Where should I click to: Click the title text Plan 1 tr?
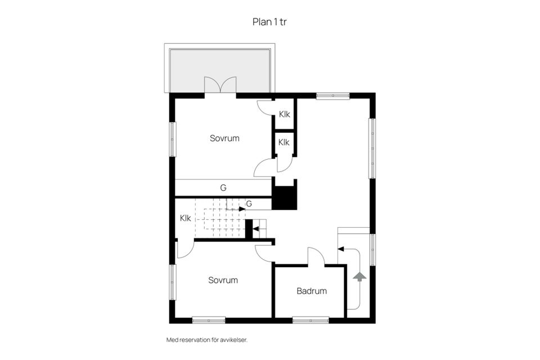pyautogui.click(x=270, y=22)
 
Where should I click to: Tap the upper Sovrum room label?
pyautogui.click(x=224, y=138)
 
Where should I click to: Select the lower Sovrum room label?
pyautogui.click(x=223, y=280)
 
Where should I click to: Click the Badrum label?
pyautogui.click(x=312, y=291)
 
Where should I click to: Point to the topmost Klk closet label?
pyautogui.click(x=284, y=114)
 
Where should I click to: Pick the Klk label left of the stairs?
pyautogui.click(x=185, y=218)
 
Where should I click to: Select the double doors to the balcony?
pyautogui.click(x=220, y=85)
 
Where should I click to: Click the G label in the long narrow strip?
pyautogui.click(x=223, y=188)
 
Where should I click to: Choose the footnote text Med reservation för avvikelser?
pyautogui.click(x=207, y=340)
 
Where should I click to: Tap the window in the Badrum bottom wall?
pyautogui.click(x=310, y=320)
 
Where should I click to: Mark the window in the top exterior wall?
pyautogui.click(x=332, y=96)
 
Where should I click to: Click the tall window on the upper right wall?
pyautogui.click(x=372, y=148)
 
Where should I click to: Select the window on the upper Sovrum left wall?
pyautogui.click(x=173, y=139)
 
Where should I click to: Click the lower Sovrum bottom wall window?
pyautogui.click(x=209, y=320)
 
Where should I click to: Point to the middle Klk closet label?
pyautogui.click(x=284, y=142)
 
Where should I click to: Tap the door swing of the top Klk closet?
pyautogui.click(x=265, y=107)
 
